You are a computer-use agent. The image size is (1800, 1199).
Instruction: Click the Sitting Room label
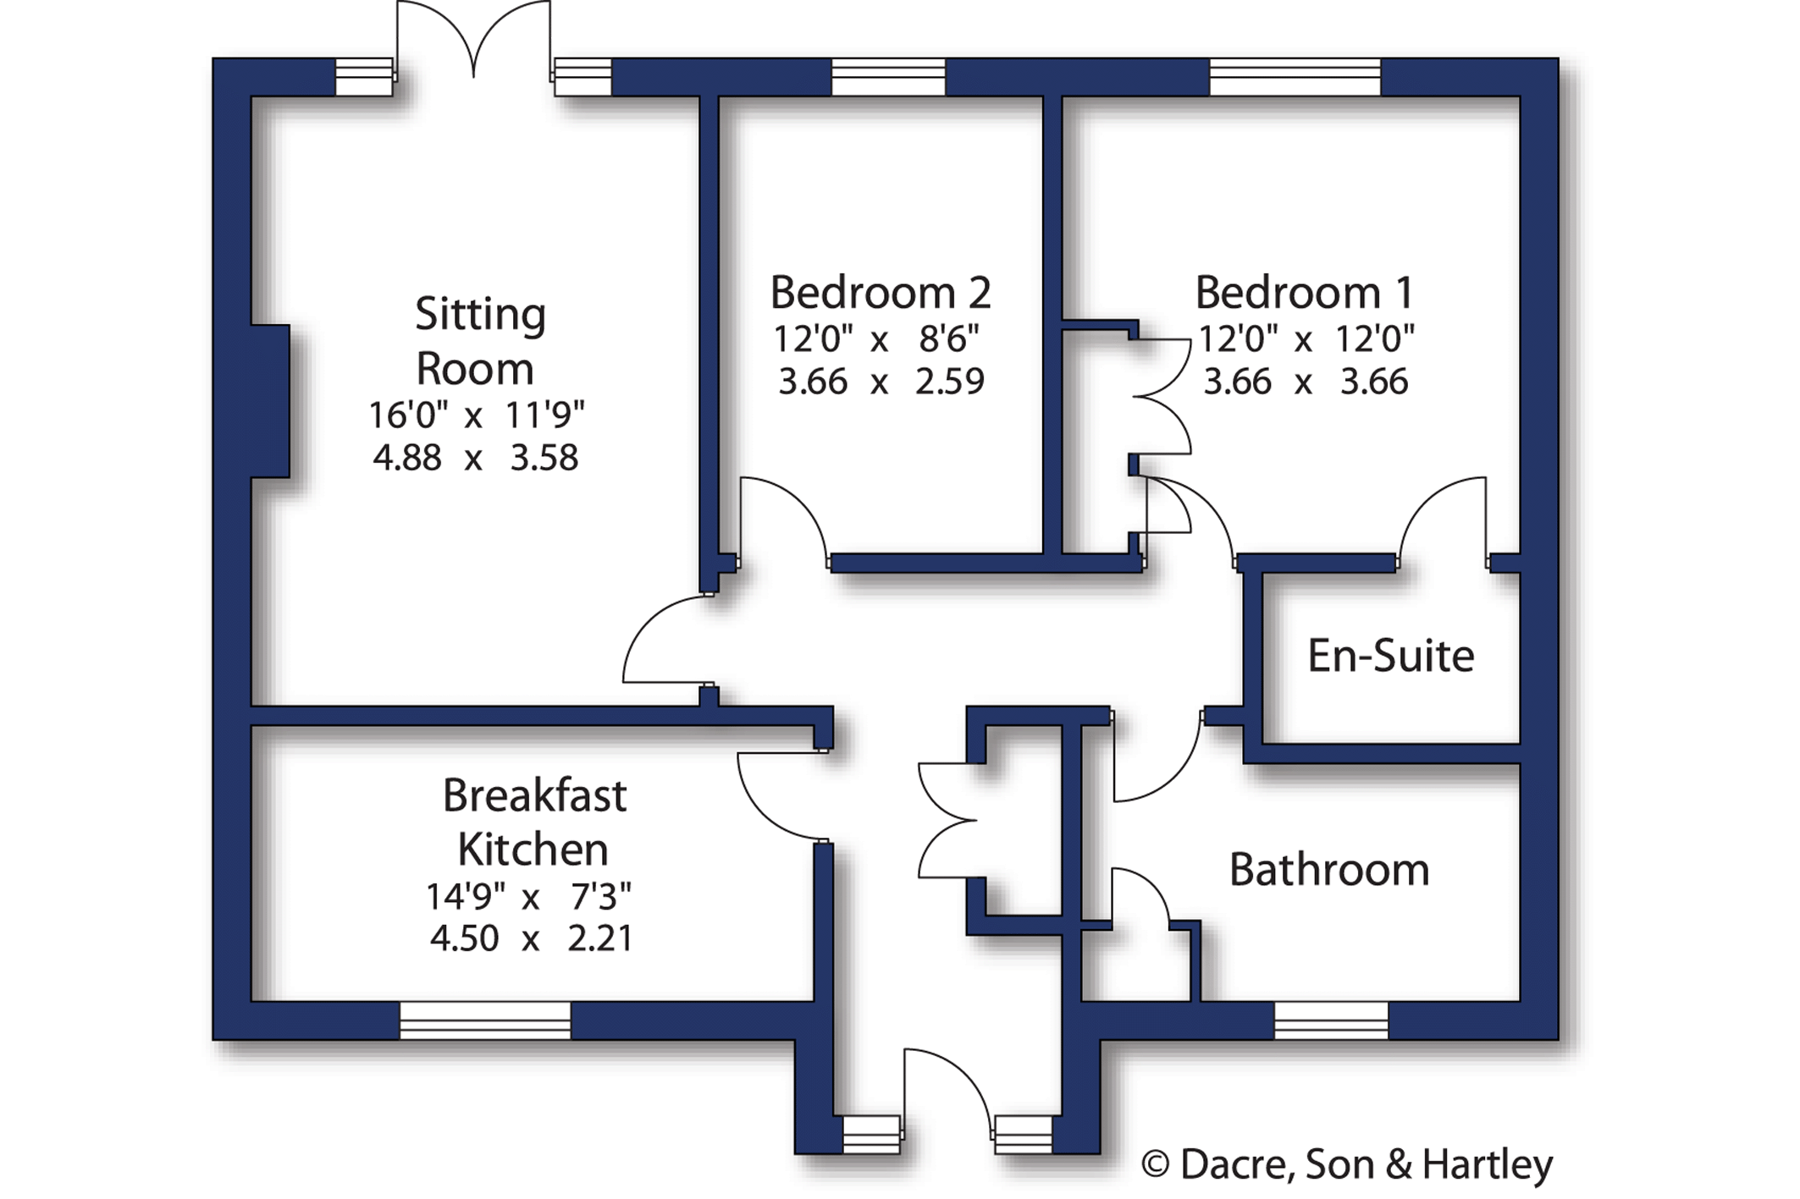pos(480,341)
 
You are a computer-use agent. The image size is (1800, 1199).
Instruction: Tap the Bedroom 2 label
pos(881,293)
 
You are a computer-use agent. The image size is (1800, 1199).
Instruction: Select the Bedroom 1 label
pos(1305,293)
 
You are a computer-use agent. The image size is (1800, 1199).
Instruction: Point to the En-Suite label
pos(1391,656)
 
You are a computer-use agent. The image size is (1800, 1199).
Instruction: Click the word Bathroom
pos(1329,870)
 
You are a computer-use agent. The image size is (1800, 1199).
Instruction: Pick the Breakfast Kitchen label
pos(534,822)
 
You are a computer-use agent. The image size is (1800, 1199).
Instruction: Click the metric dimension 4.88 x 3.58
pos(475,458)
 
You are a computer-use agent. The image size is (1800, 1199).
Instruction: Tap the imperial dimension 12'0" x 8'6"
pos(876,339)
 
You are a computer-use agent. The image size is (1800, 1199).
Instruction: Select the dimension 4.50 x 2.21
pos(531,938)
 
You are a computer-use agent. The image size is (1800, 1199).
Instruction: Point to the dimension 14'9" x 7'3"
pos(528,896)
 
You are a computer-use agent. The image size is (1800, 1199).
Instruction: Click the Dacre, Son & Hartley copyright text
pos(1347,1164)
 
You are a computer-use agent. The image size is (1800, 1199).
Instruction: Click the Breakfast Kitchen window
pos(485,1020)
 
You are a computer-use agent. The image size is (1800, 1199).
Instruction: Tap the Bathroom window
pos(1331,1020)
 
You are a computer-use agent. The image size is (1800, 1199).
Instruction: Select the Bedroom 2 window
pos(888,77)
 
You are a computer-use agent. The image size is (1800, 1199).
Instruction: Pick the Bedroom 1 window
pos(1295,77)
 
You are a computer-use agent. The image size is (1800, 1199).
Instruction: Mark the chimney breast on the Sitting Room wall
pos(271,401)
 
